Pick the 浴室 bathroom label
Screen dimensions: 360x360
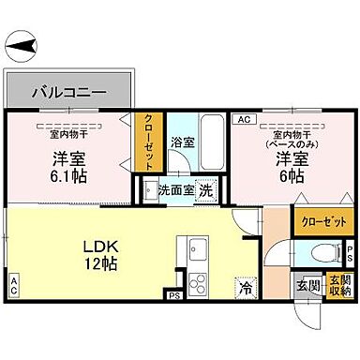[182, 142]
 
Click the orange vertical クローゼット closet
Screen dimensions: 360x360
[148, 142]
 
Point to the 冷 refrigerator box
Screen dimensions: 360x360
[245, 290]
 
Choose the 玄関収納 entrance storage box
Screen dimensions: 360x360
[339, 285]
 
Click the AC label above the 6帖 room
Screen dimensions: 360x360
[243, 120]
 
